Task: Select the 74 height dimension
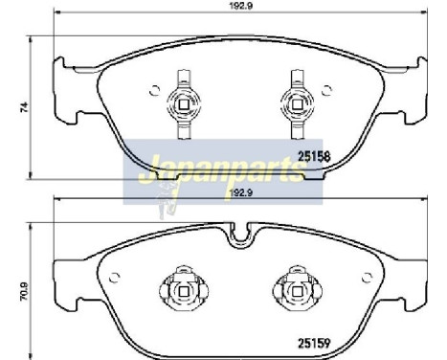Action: coord(24,107)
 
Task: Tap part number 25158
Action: coord(314,156)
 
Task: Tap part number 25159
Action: coord(314,344)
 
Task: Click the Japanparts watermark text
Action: coord(223,169)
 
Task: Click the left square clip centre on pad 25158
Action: coord(184,104)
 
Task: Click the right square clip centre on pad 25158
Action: coord(298,104)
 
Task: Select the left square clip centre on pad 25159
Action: coord(184,291)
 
